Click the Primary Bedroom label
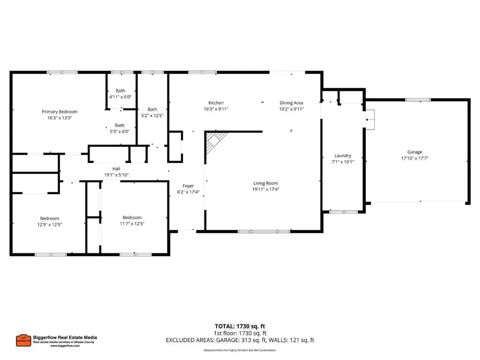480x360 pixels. click(x=60, y=112)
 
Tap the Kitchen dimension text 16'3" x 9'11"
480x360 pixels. click(x=216, y=109)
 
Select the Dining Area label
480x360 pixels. click(x=291, y=103)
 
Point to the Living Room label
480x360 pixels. click(x=265, y=183)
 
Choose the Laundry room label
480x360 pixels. click(x=343, y=156)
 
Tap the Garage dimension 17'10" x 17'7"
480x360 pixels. click(x=414, y=158)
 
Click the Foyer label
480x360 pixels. click(x=188, y=186)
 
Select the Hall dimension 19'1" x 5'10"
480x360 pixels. click(x=116, y=175)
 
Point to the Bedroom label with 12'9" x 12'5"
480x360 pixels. click(x=50, y=218)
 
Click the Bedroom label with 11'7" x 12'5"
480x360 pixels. click(x=132, y=217)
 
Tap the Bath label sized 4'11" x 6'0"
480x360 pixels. click(x=120, y=90)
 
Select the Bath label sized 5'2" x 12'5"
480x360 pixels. click(x=152, y=109)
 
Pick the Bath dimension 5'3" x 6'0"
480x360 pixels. click(x=120, y=131)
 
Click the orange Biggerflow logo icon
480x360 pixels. click(x=23, y=340)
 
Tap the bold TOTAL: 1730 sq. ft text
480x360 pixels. click(x=240, y=326)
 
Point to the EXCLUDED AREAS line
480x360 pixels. click(x=240, y=340)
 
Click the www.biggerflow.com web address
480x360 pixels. click(x=65, y=345)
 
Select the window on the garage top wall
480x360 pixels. click(x=418, y=100)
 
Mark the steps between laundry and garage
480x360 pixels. click(x=370, y=120)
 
